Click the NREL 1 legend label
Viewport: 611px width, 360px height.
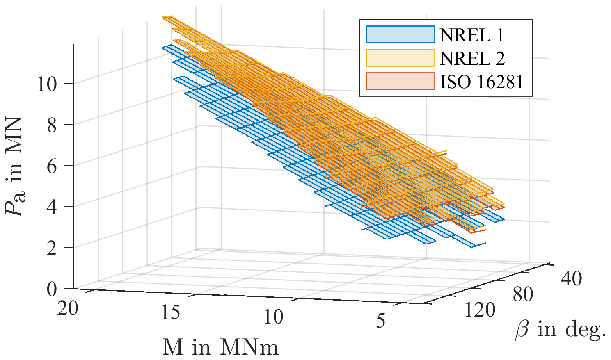click(472, 35)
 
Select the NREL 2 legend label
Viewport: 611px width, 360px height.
click(472, 59)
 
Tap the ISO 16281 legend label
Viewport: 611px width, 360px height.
click(482, 82)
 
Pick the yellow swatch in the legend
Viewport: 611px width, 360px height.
click(400, 58)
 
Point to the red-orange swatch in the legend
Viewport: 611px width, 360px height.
click(400, 81)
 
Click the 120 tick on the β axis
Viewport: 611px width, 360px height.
click(480, 310)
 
